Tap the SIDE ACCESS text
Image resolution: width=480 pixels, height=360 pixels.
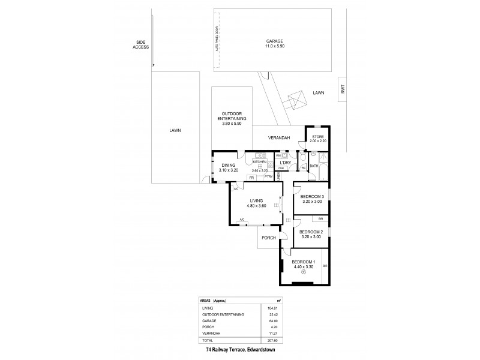(x=142, y=44)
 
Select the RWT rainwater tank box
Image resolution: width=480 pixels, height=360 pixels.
(x=343, y=89)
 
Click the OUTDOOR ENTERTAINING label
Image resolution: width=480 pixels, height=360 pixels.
(x=231, y=118)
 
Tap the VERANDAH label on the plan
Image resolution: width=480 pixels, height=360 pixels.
(x=280, y=138)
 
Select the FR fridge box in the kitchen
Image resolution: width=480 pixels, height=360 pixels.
(x=251, y=178)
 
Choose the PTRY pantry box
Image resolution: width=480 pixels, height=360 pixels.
(x=269, y=177)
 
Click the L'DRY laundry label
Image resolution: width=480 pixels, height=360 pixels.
(x=285, y=163)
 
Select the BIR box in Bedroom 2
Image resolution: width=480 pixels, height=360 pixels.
(x=321, y=219)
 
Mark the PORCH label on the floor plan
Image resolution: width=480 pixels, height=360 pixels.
(x=268, y=238)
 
